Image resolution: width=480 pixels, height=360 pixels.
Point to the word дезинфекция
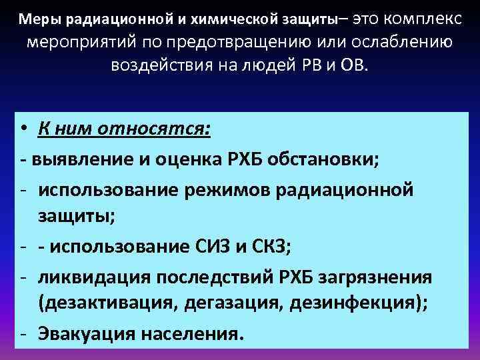click(x=357, y=303)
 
